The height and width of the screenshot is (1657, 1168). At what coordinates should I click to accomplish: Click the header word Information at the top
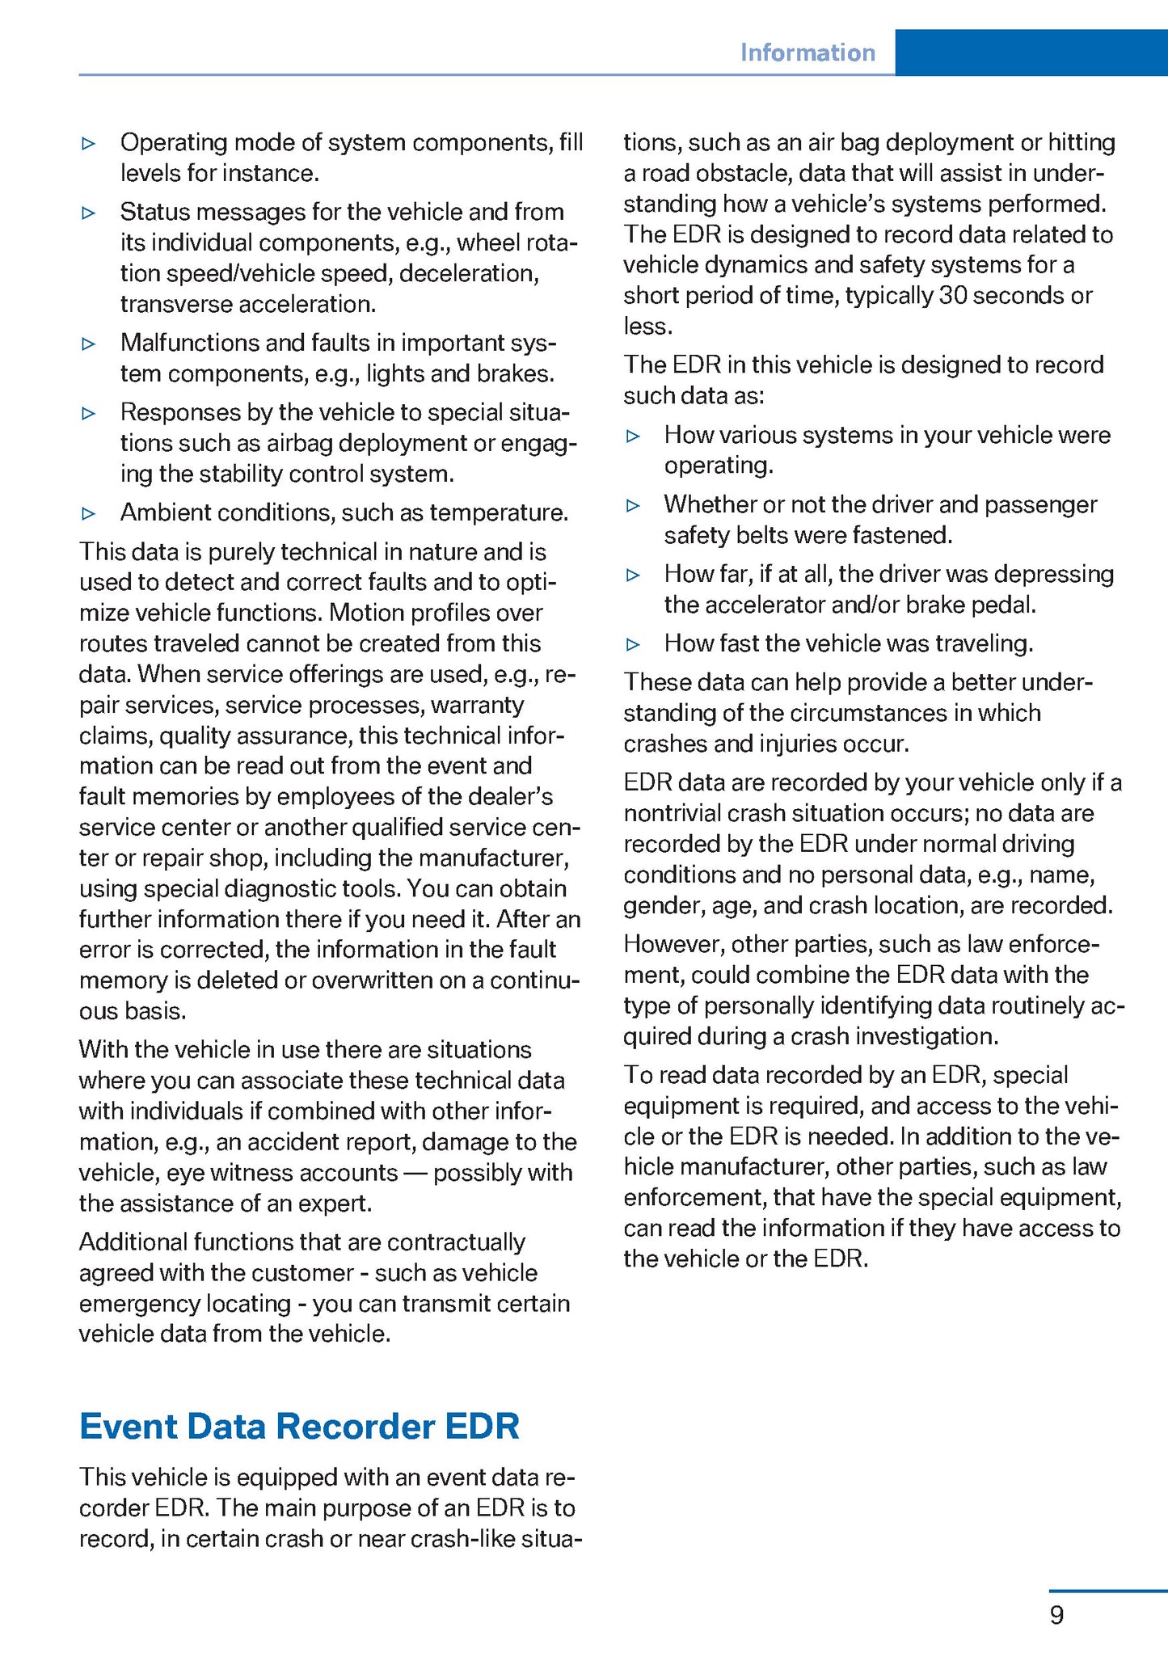coord(807,53)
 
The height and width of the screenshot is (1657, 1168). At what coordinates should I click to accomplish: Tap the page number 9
coord(1056,1615)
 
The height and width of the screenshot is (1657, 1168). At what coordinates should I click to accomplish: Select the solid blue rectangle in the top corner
coord(1031,53)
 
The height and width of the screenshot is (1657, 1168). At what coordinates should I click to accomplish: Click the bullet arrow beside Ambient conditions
coord(89,513)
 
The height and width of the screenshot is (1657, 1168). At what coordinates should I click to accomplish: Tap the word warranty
coord(477,705)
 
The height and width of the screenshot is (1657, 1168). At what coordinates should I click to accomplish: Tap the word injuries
coord(804,744)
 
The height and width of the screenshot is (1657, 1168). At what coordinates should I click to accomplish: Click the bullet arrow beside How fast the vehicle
coord(634,644)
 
